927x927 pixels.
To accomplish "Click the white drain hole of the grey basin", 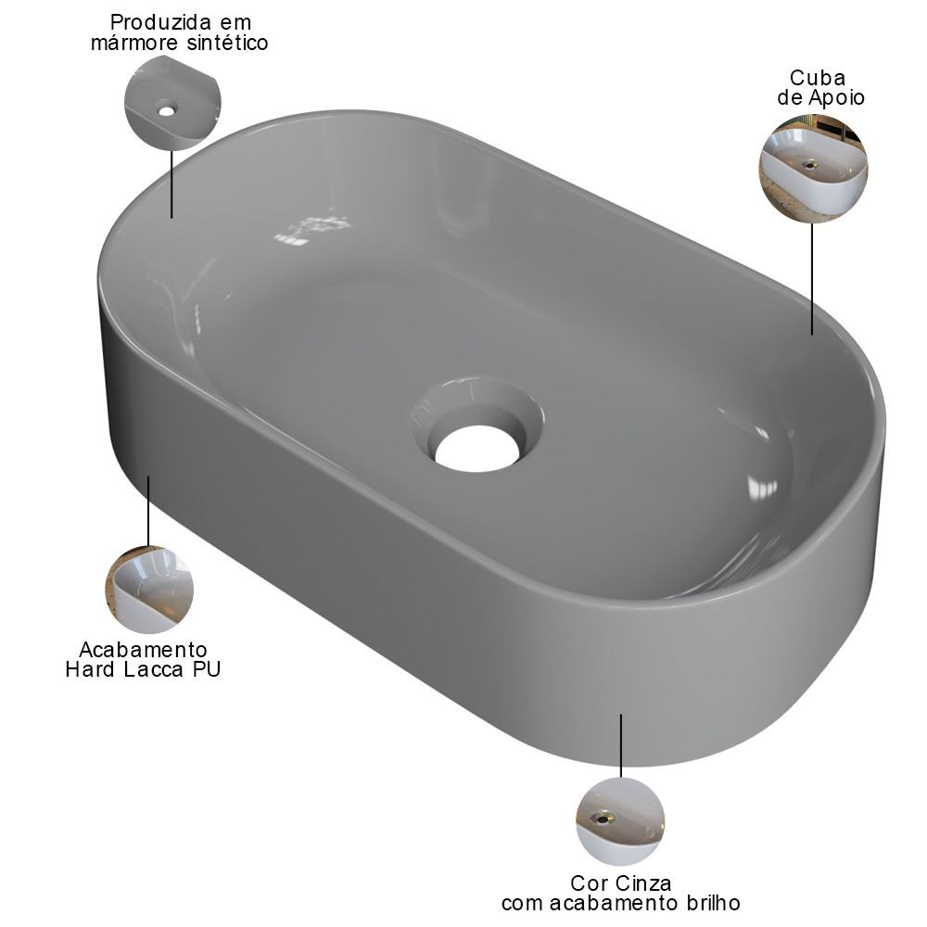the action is click(477, 449).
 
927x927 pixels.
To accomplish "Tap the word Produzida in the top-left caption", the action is click(160, 22).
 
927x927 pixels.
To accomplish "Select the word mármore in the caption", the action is click(134, 43).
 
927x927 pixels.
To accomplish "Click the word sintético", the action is click(228, 43).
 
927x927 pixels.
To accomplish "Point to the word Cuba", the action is click(818, 78).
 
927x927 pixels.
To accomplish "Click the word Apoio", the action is click(836, 97).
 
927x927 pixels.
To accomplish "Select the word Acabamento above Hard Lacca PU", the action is click(143, 650).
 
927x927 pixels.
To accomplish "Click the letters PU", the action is click(207, 669).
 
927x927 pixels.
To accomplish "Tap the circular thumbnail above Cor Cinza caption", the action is click(620, 821).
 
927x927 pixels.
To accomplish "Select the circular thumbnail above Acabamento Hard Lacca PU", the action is click(149, 590).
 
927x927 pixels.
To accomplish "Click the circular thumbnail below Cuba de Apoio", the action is click(813, 169).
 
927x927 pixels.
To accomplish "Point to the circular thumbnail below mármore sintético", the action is click(172, 102).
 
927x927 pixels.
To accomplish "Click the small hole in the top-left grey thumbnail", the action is click(167, 109).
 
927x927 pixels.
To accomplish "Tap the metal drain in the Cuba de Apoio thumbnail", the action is click(810, 164).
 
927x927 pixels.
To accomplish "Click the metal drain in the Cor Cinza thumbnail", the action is click(603, 819).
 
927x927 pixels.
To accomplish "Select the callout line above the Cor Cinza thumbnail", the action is click(621, 745).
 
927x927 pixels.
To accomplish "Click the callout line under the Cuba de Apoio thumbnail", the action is click(812, 279).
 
